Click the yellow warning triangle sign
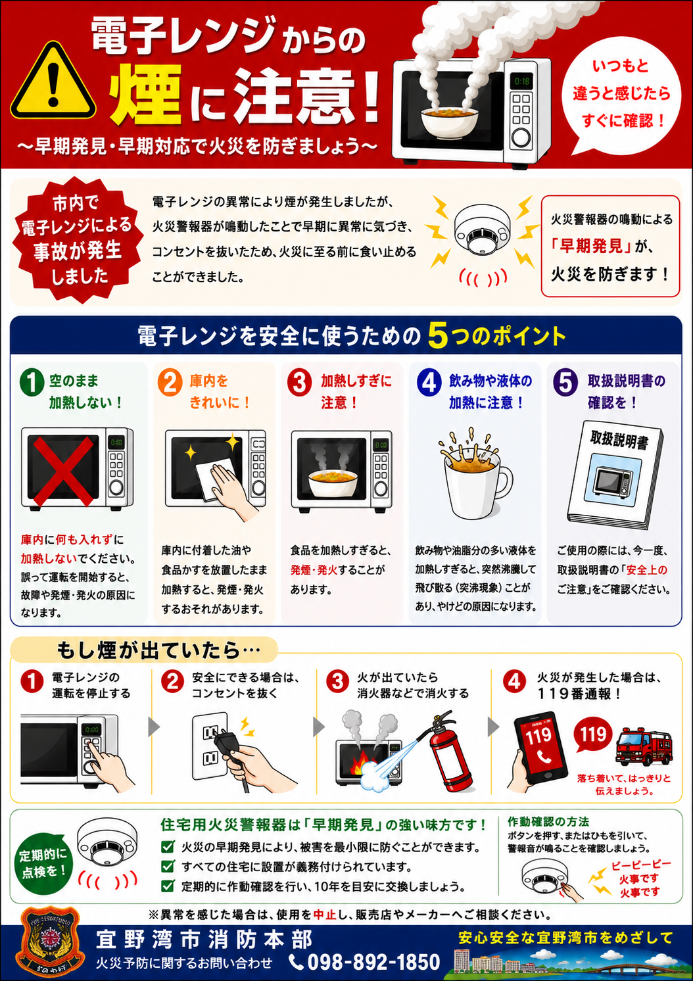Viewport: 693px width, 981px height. click(x=53, y=84)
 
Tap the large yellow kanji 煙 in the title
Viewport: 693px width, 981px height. click(x=145, y=94)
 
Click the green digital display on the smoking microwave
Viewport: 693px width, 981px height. click(x=521, y=81)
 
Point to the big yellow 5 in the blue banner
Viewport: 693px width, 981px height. click(x=438, y=336)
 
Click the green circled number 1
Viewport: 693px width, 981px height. click(x=32, y=382)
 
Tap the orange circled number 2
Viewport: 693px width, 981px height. click(x=170, y=383)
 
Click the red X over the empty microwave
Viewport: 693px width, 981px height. click(x=63, y=471)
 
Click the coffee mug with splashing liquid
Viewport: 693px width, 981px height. click(x=475, y=475)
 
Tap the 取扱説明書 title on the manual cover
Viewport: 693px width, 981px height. click(x=619, y=440)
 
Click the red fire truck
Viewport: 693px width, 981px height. click(x=643, y=747)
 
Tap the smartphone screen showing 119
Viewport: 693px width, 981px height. click(x=540, y=748)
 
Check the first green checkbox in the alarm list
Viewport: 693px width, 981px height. click(x=168, y=847)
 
